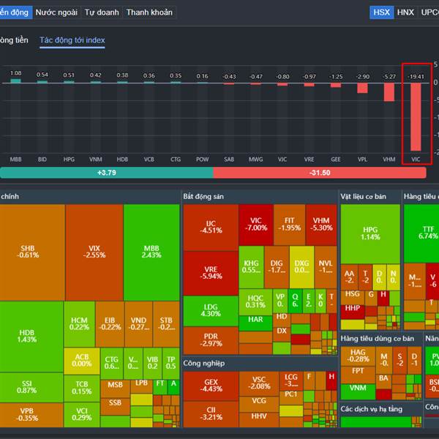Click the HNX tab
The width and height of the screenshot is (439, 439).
(x=405, y=12)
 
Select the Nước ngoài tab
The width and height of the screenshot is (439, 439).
(x=56, y=12)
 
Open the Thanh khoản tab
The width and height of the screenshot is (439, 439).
(x=149, y=12)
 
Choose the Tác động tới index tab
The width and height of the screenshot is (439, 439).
(x=72, y=40)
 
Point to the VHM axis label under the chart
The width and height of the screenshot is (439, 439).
(x=389, y=159)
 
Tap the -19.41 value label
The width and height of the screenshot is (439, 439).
(x=416, y=76)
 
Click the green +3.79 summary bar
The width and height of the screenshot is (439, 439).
(x=107, y=173)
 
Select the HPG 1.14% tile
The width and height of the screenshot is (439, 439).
(x=370, y=233)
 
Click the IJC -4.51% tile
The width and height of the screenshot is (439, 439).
(x=211, y=227)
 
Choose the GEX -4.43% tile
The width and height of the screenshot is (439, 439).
(x=211, y=386)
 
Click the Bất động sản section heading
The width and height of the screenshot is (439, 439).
(x=203, y=197)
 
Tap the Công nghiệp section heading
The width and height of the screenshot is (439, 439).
(x=204, y=363)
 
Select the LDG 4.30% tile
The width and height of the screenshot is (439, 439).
(x=211, y=310)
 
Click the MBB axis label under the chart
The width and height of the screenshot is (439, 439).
(x=15, y=159)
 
